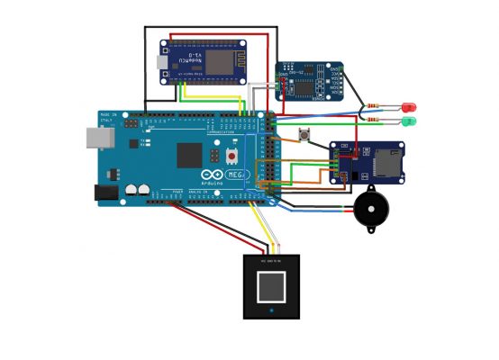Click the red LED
coord(410,107)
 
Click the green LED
coord(410,121)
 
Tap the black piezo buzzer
coord(369,210)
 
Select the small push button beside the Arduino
coord(304,136)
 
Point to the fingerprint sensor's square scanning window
coord(271,288)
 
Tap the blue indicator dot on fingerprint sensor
coord(271,311)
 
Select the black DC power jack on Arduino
coord(106,192)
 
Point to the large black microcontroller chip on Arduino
coord(189,155)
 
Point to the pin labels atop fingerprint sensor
coord(271,260)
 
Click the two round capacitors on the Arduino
coord(137,190)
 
